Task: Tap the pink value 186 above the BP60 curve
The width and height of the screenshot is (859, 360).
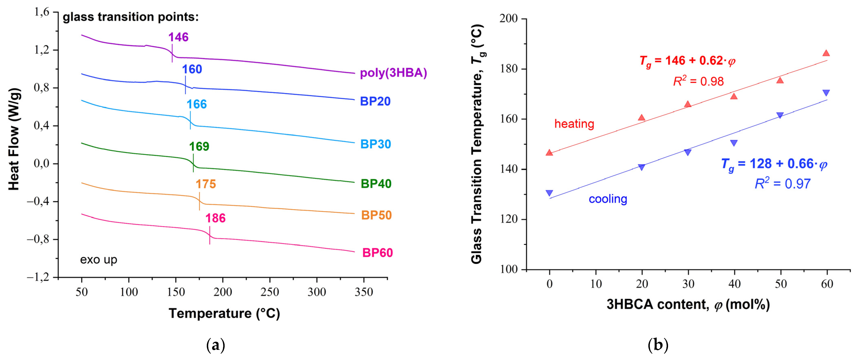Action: coord(215,218)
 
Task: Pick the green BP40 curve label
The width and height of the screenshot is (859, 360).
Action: coord(376,184)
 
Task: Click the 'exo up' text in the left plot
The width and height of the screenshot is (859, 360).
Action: coord(98,259)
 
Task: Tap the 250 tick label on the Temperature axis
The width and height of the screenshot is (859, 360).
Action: coord(269,292)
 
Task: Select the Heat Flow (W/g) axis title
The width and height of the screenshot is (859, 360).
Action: coord(14,139)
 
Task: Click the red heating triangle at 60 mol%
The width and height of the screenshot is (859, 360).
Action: coord(826,53)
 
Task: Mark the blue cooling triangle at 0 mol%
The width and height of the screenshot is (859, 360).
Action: coord(549,193)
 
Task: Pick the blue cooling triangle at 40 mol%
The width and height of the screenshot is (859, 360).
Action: coord(734,143)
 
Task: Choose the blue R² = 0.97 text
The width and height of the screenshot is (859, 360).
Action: coord(782,184)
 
